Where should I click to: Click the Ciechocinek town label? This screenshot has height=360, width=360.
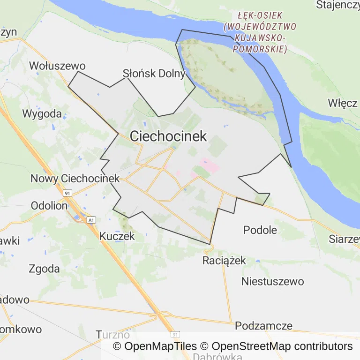point(168,136)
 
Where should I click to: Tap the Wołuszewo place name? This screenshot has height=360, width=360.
point(57,66)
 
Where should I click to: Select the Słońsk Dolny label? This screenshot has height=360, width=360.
point(154,74)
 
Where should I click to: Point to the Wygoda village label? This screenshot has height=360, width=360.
point(42,113)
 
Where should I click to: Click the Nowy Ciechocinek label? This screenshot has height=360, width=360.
point(75,179)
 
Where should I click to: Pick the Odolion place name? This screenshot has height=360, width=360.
point(49,205)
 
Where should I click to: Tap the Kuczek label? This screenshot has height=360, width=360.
point(117,236)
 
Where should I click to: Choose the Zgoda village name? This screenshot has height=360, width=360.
point(44,269)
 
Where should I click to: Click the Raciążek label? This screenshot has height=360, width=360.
point(224,261)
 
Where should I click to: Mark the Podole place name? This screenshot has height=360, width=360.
point(260,230)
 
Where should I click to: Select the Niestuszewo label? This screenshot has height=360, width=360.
point(272,282)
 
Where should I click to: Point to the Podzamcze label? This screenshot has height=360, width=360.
point(264,326)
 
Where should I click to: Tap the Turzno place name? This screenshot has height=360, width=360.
point(112,335)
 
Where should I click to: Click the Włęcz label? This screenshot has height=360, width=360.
point(343,103)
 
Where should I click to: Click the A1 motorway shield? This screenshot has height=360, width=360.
point(91,219)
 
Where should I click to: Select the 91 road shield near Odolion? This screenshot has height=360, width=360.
point(68,193)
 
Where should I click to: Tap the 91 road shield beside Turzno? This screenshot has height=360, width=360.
point(175,335)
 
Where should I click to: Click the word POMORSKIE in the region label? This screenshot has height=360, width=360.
point(262,49)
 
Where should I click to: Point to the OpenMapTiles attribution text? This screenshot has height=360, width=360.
point(155,346)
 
